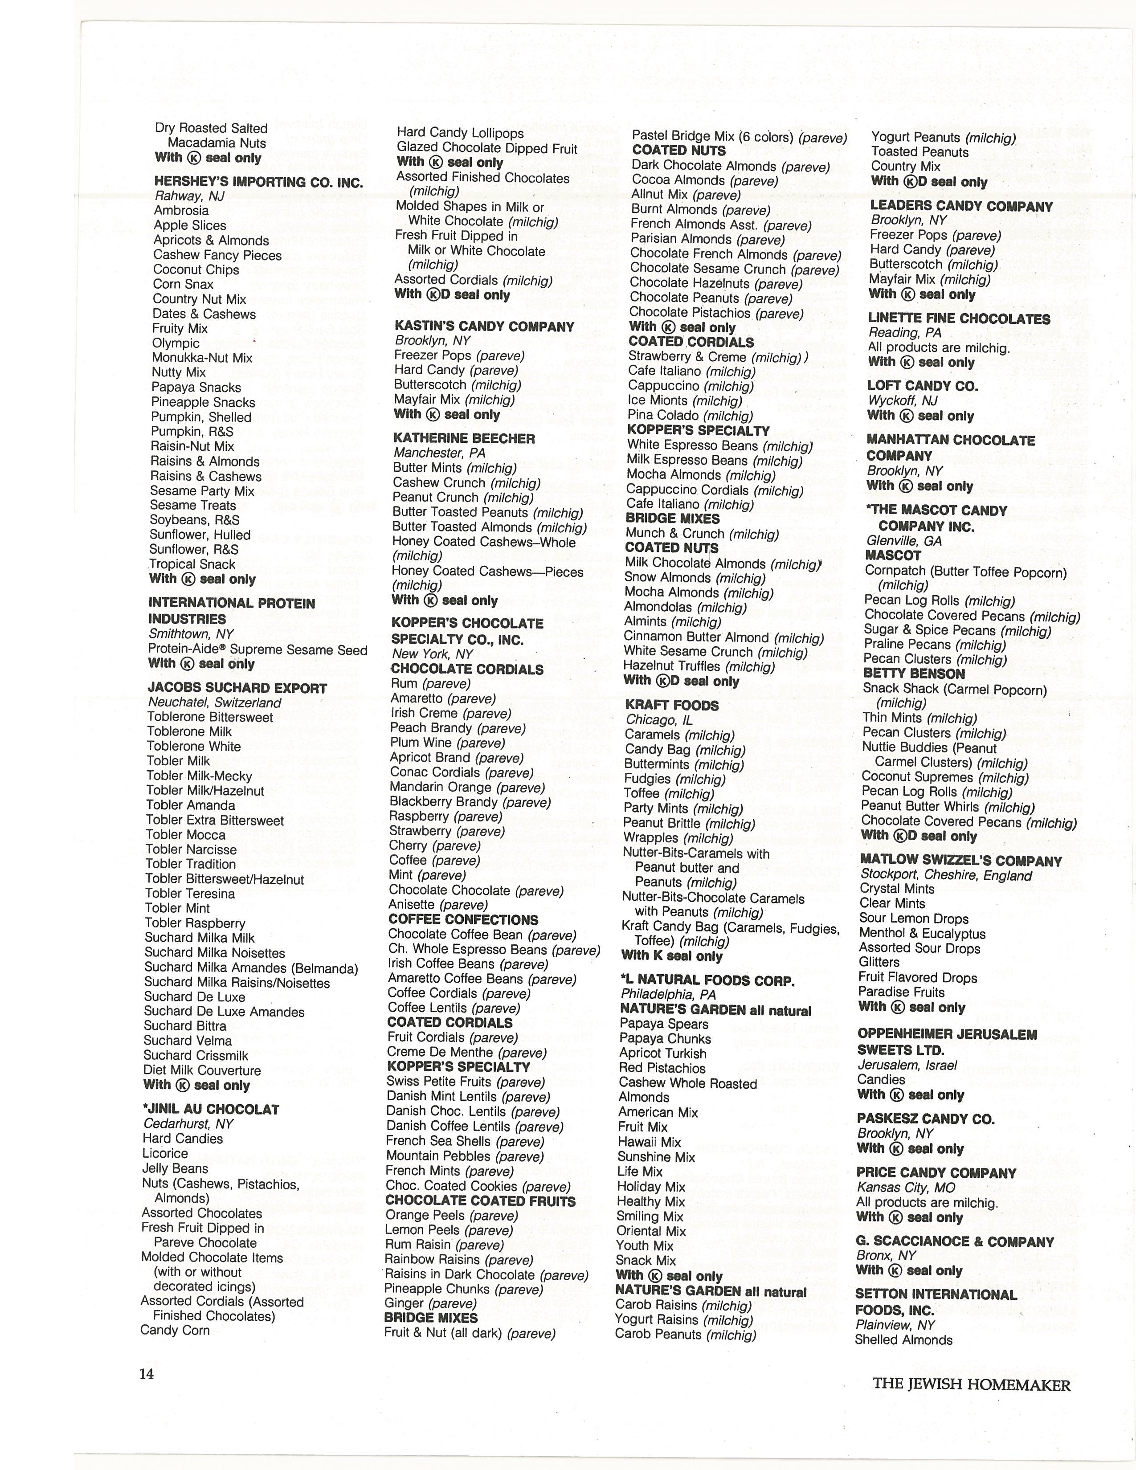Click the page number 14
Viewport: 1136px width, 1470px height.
point(147,1374)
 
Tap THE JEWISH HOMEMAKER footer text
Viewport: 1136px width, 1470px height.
point(971,1384)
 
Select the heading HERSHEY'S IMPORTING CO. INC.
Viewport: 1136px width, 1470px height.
point(258,182)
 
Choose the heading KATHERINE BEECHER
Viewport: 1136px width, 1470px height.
point(464,438)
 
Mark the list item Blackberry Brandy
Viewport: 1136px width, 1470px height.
point(470,802)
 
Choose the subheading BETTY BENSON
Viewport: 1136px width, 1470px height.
point(913,673)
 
